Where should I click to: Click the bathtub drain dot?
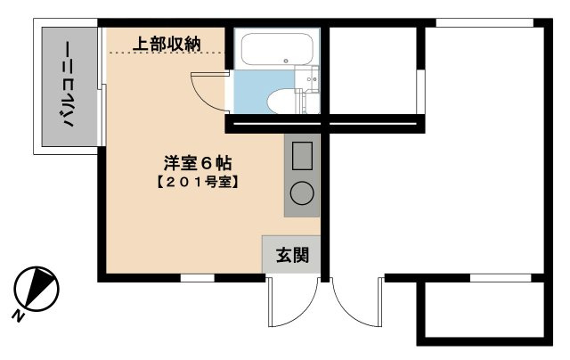click(286, 61)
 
